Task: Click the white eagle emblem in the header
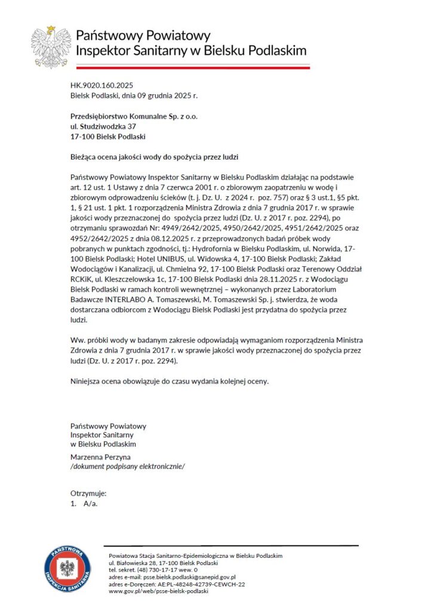(51, 46)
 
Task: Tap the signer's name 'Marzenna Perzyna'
(100, 456)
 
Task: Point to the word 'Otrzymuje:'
(88, 494)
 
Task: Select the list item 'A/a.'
(90, 504)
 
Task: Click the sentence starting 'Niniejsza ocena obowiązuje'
(170, 380)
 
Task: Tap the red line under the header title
(191, 67)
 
